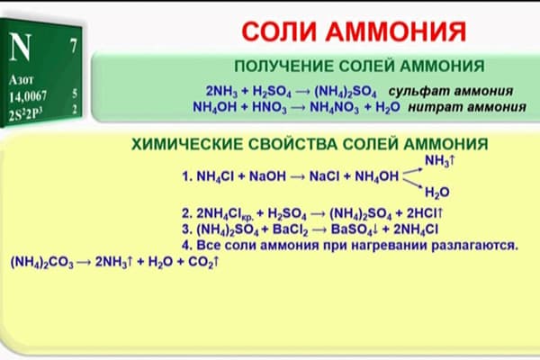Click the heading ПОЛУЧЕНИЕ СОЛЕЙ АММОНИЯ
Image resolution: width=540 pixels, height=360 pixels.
click(359, 67)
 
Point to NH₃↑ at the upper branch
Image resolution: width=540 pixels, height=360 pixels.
click(442, 160)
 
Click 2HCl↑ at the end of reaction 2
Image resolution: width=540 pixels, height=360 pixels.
click(422, 214)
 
